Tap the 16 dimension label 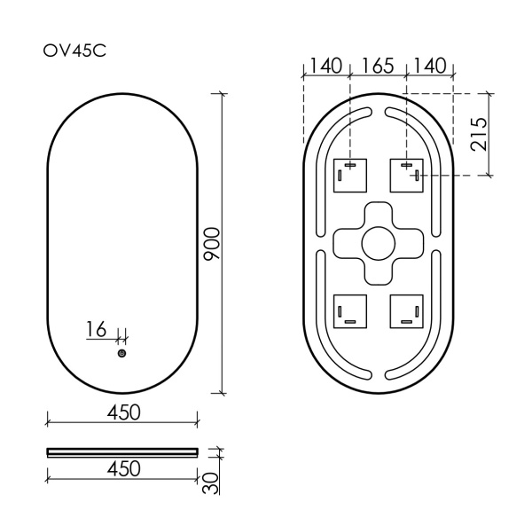click(96, 329)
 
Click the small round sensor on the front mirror click(121, 354)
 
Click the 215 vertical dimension click(480, 133)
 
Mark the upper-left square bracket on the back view click(349, 176)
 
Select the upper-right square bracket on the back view click(407, 176)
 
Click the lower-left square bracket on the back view click(349, 310)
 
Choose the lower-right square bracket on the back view click(407, 310)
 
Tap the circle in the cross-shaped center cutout click(379, 242)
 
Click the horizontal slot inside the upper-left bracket click(350, 166)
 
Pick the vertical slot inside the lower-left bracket click(340, 310)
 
